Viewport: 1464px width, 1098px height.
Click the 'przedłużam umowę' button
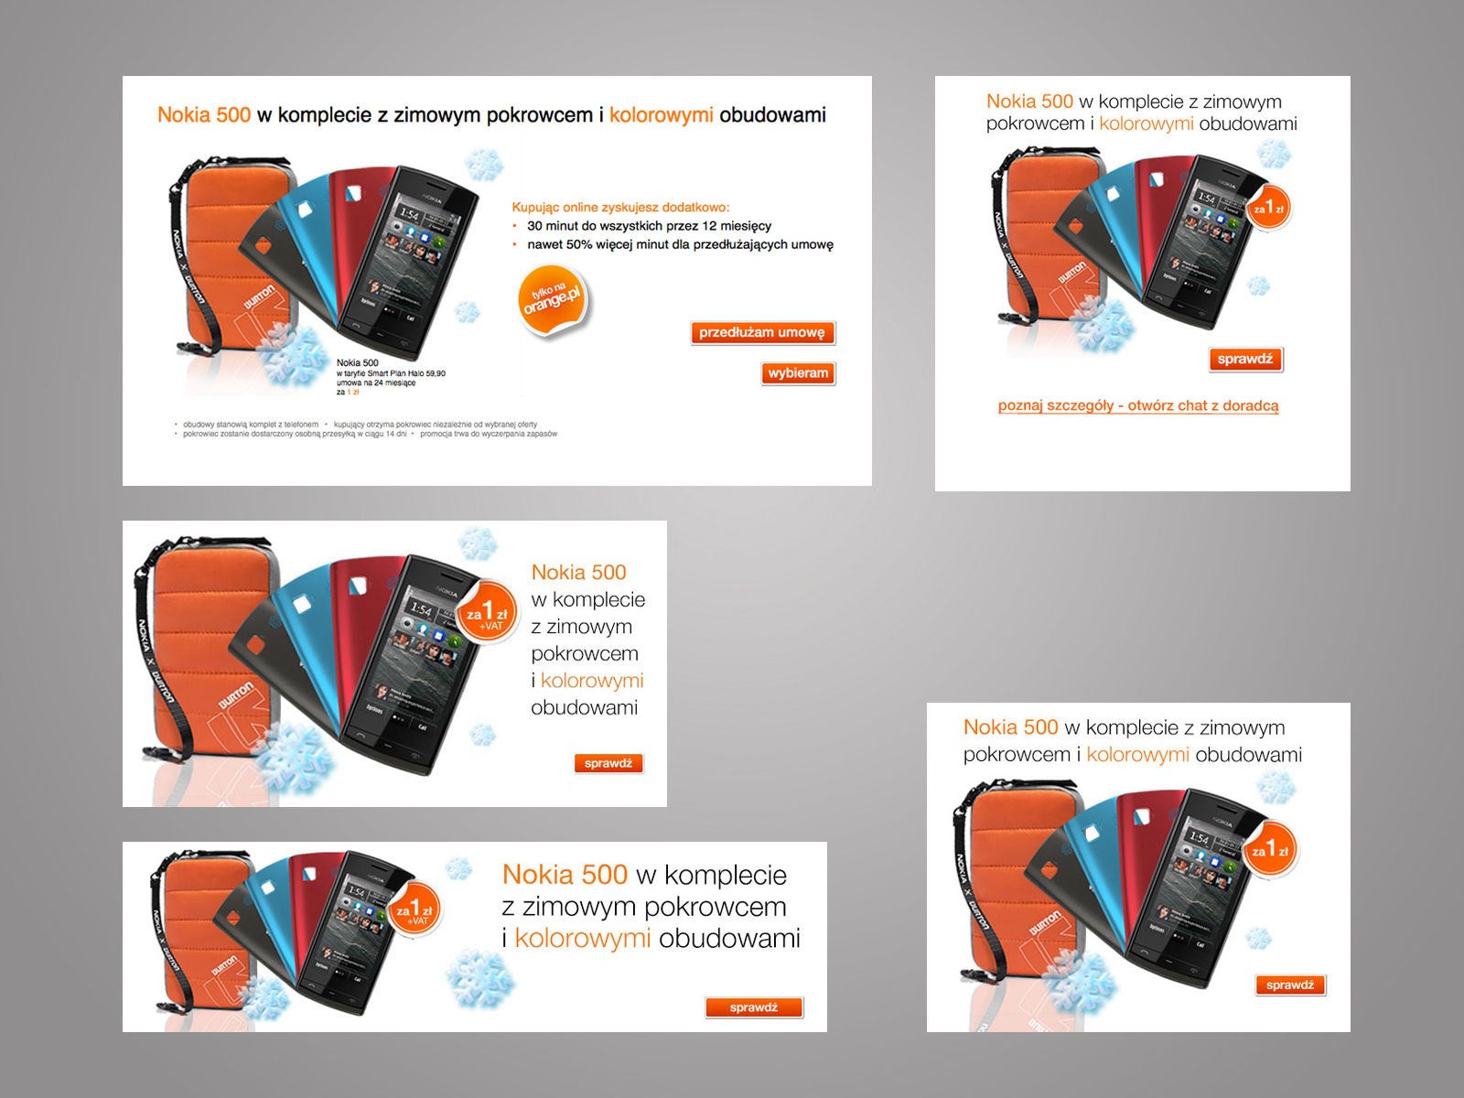click(x=762, y=333)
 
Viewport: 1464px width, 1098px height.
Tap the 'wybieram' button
click(x=798, y=373)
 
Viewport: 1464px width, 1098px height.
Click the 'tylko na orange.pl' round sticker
click(x=553, y=300)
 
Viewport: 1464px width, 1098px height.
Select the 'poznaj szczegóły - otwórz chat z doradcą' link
click(x=1138, y=405)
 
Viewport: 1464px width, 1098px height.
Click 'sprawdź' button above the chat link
click(x=1245, y=360)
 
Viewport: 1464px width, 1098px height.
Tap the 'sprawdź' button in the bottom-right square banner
click(x=1290, y=985)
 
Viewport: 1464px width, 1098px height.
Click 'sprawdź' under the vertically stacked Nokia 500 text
click(x=608, y=763)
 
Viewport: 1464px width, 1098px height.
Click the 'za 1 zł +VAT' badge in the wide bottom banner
click(x=416, y=911)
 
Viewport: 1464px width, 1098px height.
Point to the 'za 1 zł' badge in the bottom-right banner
click(x=1270, y=850)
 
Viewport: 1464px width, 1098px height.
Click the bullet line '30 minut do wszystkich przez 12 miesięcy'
click(x=649, y=226)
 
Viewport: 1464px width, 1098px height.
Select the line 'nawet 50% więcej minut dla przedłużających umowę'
click(x=680, y=244)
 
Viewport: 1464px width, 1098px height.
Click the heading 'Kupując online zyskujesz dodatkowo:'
click(x=620, y=208)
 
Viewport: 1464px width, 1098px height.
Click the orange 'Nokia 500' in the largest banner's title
click(x=203, y=115)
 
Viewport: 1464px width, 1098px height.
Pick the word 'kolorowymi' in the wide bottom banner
click(x=582, y=939)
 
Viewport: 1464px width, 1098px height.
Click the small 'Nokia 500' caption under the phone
click(x=357, y=363)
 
